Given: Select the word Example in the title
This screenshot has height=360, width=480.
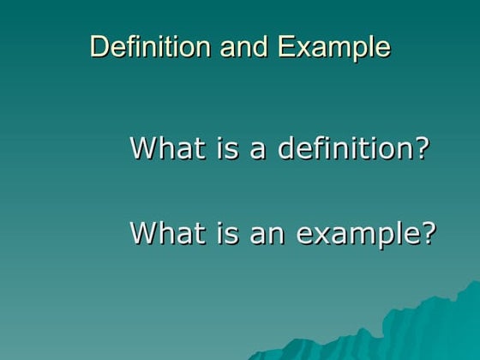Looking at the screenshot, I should [334, 47].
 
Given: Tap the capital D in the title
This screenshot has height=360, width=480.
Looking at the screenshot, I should [98, 46].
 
